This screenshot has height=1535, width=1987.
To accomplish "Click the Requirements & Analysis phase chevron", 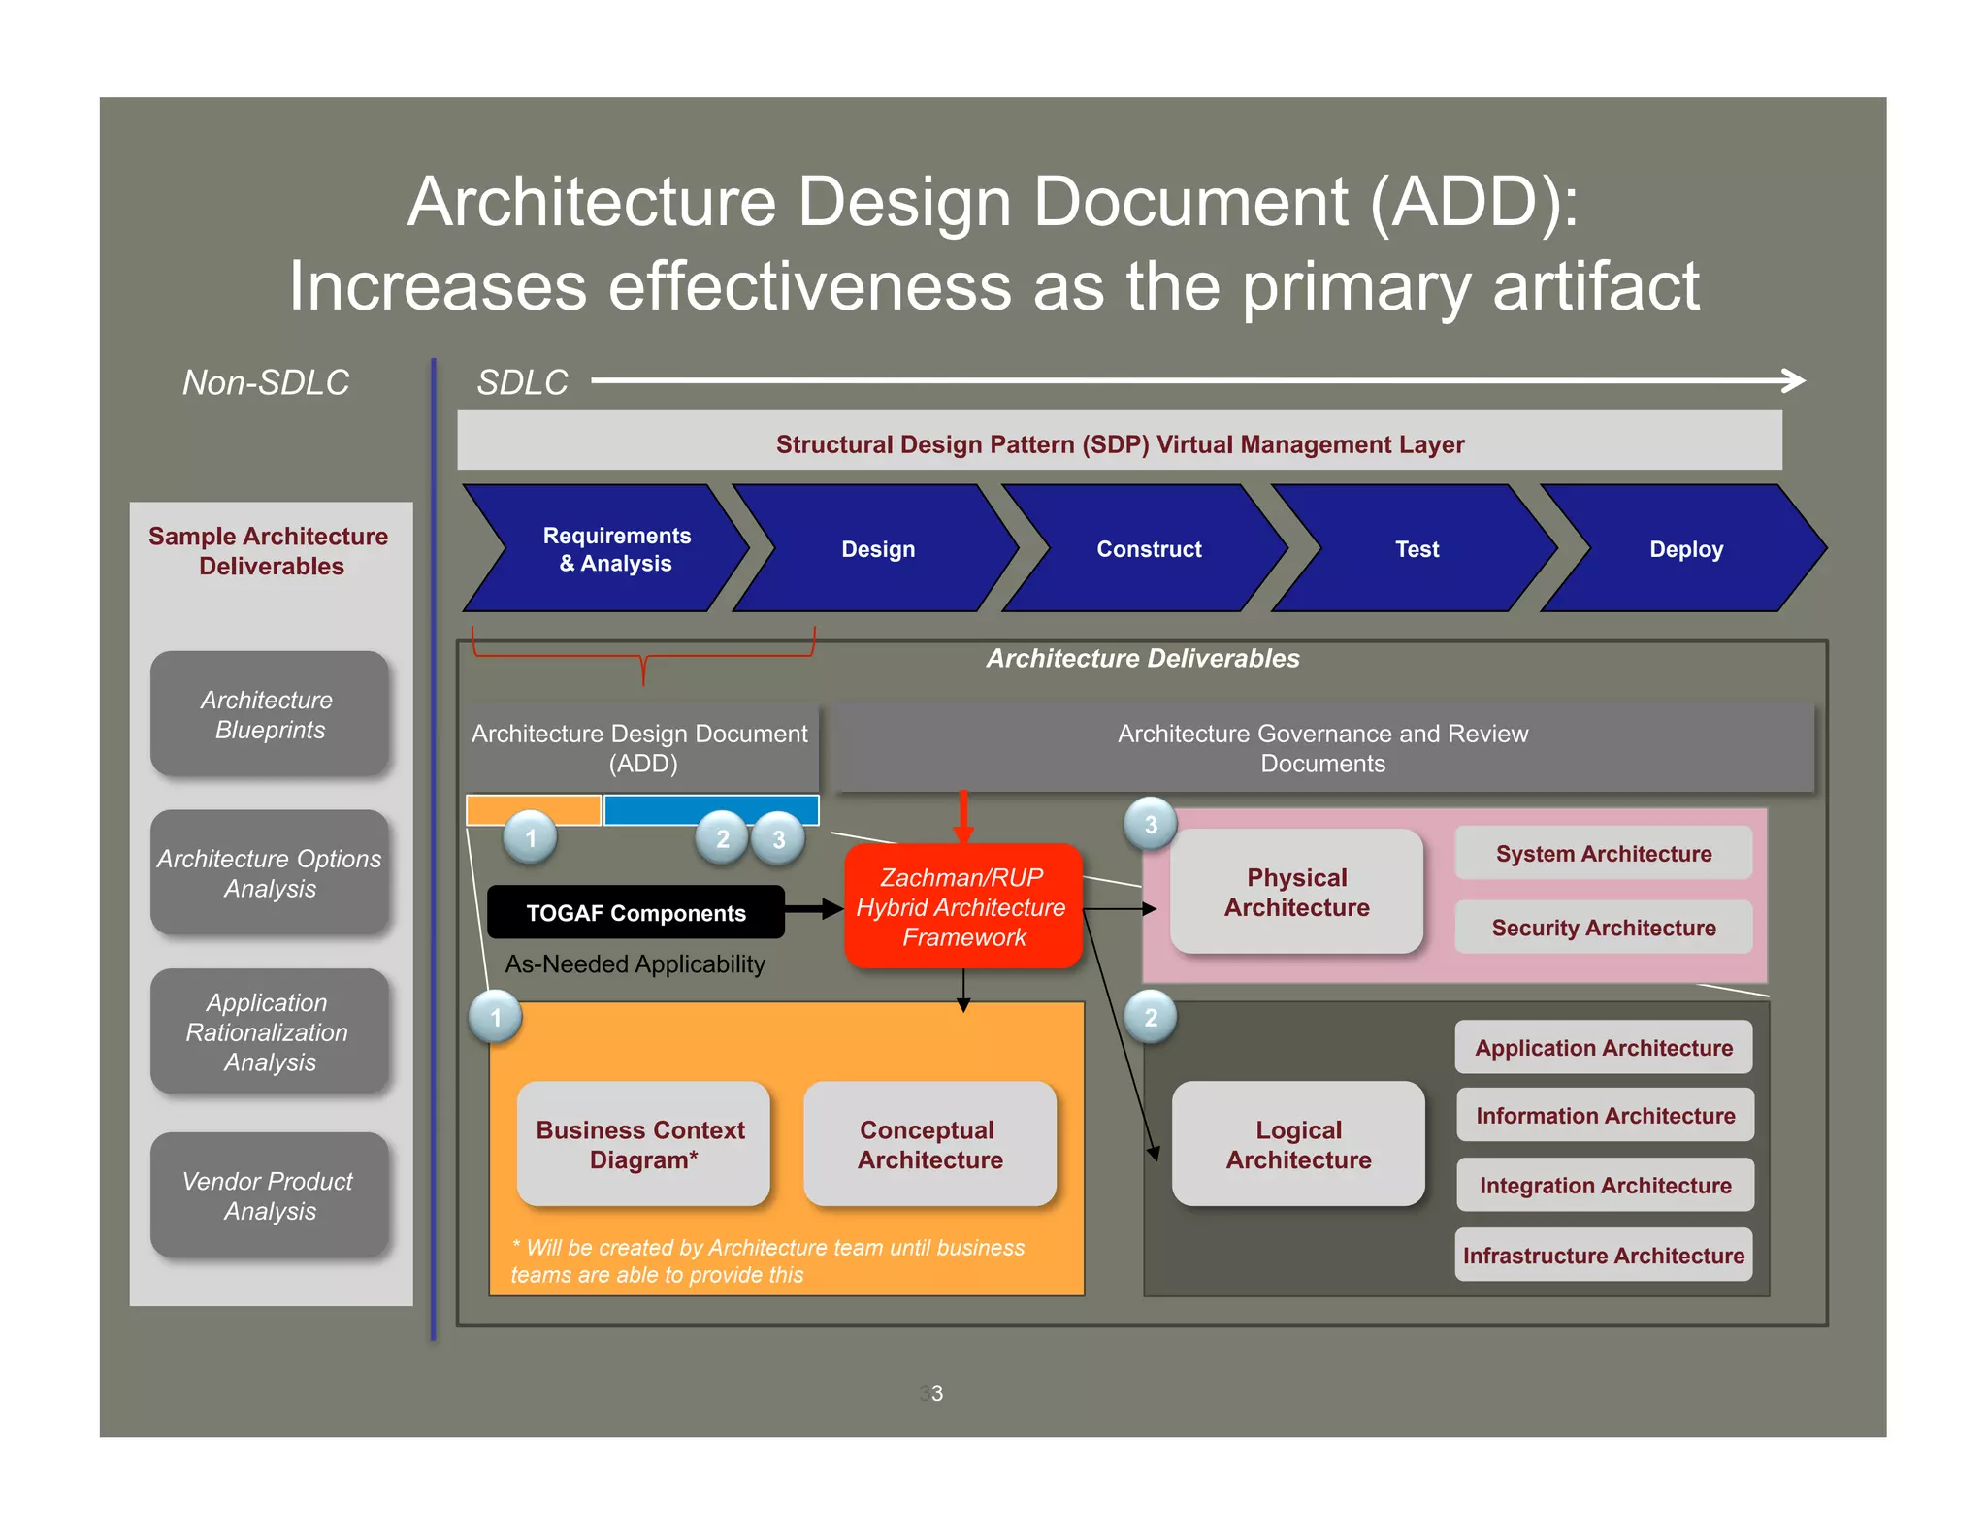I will click(x=615, y=549).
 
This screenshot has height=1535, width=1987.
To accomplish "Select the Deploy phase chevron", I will click(x=1685, y=549).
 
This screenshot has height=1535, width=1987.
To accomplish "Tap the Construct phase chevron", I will click(x=1148, y=549).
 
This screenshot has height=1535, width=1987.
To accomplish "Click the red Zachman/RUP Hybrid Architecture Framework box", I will click(x=962, y=906).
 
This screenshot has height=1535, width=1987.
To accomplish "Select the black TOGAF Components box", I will click(x=635, y=912).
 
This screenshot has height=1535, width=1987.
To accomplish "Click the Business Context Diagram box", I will click(x=642, y=1144).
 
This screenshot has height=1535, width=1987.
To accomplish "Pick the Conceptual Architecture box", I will click(x=929, y=1144).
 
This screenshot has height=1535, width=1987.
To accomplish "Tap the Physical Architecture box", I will click(x=1296, y=892).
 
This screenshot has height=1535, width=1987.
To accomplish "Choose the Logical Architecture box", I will click(x=1298, y=1144).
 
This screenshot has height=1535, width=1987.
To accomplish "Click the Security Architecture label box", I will click(x=1603, y=928).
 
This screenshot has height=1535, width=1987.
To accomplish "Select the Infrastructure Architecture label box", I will click(x=1603, y=1255).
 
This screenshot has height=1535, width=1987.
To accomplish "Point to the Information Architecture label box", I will click(x=1605, y=1115).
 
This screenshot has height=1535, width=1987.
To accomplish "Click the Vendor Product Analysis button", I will click(x=269, y=1195).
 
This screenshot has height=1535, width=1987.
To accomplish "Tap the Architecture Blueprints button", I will click(x=269, y=714).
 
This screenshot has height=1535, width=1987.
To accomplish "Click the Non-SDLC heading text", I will click(x=266, y=382).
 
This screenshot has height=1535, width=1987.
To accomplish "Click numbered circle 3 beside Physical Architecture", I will click(x=1151, y=825).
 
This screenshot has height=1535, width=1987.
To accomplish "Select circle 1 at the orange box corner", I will click(x=496, y=1017).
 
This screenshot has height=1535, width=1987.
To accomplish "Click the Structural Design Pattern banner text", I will click(x=1120, y=443).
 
